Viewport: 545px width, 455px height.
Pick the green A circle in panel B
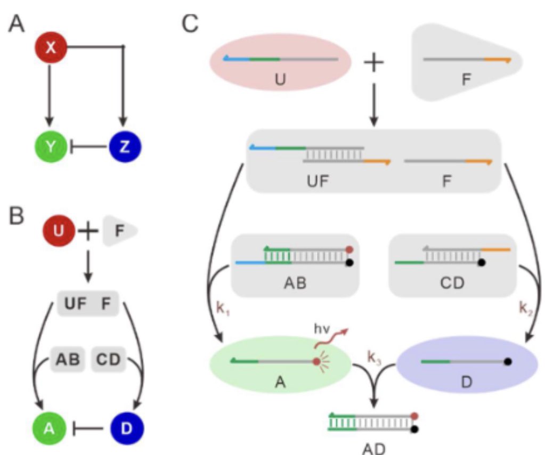50,428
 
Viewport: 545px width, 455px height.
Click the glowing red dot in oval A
317,362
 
